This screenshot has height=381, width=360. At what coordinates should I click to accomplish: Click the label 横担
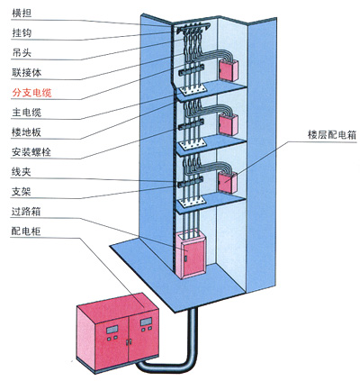22,14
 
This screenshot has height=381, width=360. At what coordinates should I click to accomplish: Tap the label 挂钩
22,33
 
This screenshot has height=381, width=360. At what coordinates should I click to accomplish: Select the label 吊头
22,53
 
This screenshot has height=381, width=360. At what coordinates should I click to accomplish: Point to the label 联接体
27,73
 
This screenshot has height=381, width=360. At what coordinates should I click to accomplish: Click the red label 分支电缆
31,93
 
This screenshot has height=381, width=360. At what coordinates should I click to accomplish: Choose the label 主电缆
27,113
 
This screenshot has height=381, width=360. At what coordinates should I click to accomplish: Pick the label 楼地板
27,132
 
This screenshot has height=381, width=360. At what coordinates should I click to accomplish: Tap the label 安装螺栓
31,152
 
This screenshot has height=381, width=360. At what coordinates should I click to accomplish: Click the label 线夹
22,172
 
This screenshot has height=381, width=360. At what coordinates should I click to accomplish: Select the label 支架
22,192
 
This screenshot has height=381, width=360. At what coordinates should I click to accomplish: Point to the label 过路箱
26,212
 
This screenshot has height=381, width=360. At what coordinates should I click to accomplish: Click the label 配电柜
26,231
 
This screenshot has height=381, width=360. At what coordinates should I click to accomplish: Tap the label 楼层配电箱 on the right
332,135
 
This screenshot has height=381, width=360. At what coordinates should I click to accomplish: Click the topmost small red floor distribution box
229,71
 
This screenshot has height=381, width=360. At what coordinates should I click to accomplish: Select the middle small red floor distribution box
229,124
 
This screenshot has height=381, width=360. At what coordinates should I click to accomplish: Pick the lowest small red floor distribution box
228,182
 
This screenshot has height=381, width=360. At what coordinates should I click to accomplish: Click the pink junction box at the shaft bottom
191,255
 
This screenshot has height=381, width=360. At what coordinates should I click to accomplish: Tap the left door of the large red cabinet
112,340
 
